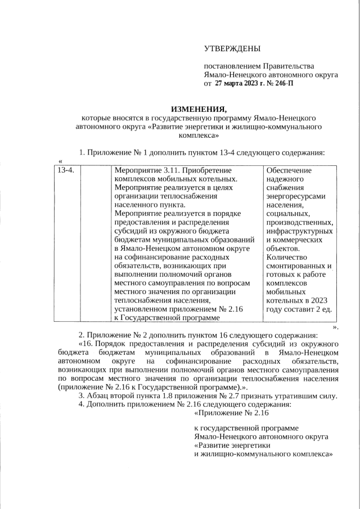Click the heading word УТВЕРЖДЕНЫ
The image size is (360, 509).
point(232,51)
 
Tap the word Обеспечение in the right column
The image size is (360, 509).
point(290,169)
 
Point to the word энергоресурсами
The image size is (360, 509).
point(295,196)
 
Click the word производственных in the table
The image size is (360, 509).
point(299,223)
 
